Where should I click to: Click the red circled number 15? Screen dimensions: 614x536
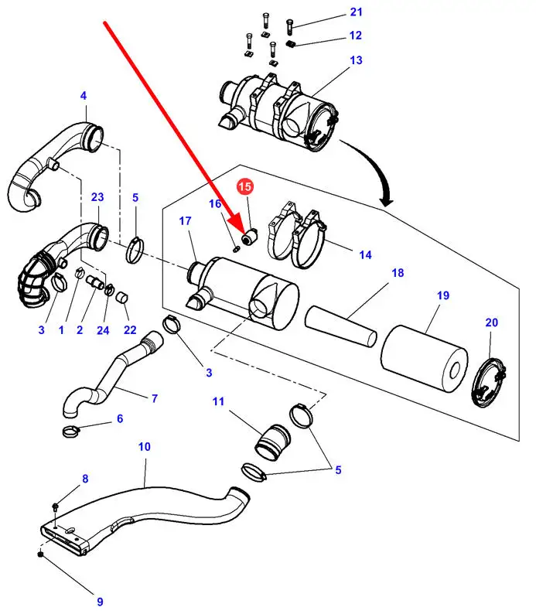click(x=244, y=186)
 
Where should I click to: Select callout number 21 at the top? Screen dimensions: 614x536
click(x=355, y=12)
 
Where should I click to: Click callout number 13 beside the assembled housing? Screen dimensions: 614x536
click(x=356, y=60)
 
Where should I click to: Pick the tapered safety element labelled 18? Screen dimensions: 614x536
click(x=341, y=326)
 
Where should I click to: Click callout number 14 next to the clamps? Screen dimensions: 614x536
click(x=365, y=254)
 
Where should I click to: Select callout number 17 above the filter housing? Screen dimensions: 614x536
click(x=184, y=221)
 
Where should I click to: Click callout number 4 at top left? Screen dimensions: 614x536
click(x=84, y=96)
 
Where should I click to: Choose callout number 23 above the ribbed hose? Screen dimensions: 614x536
click(x=97, y=197)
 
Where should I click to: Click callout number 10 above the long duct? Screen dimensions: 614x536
click(x=145, y=446)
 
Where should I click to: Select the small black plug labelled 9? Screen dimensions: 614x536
click(x=39, y=554)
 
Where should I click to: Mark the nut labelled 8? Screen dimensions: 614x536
click(x=57, y=507)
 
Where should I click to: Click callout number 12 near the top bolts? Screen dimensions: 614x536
click(x=355, y=35)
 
